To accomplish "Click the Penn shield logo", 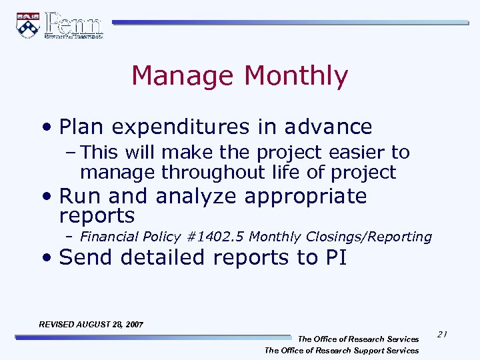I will click(x=28, y=25).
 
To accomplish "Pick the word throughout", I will click(x=215, y=173).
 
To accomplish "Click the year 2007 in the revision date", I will click(x=133, y=325).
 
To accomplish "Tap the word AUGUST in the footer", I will click(x=94, y=325).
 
